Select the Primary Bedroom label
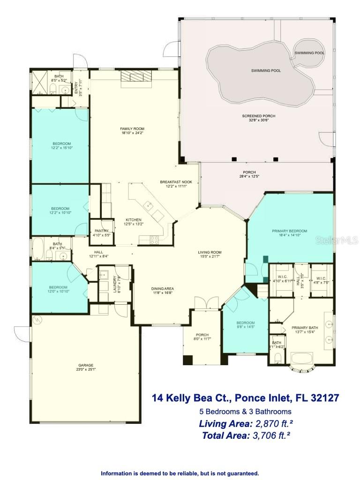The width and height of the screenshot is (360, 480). coord(290,231)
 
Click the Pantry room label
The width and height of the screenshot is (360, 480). coord(101,231)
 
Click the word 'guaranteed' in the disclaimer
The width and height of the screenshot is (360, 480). coord(240,473)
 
